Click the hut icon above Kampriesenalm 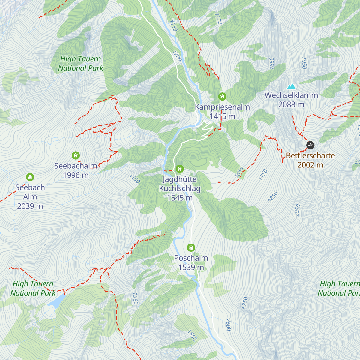click(222, 97)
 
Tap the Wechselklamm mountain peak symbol click(291, 87)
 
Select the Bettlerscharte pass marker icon click(310, 145)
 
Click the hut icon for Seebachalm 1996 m click(76, 155)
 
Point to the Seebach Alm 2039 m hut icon click(30, 177)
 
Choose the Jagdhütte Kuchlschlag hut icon click(180, 169)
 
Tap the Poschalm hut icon click(191, 248)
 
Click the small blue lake click(57, 301)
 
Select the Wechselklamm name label click(291, 95)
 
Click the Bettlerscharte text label click(310, 155)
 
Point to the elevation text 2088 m click(291, 104)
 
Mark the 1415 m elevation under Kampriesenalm click(222, 116)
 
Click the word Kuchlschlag click(180, 188)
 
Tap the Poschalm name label click(191, 258)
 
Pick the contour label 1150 click(173, 25)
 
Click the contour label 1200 click(177, 56)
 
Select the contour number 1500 click(218, 19)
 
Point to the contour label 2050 click(297, 210)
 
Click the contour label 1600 click(228, 325)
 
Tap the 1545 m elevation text click(180, 198)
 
